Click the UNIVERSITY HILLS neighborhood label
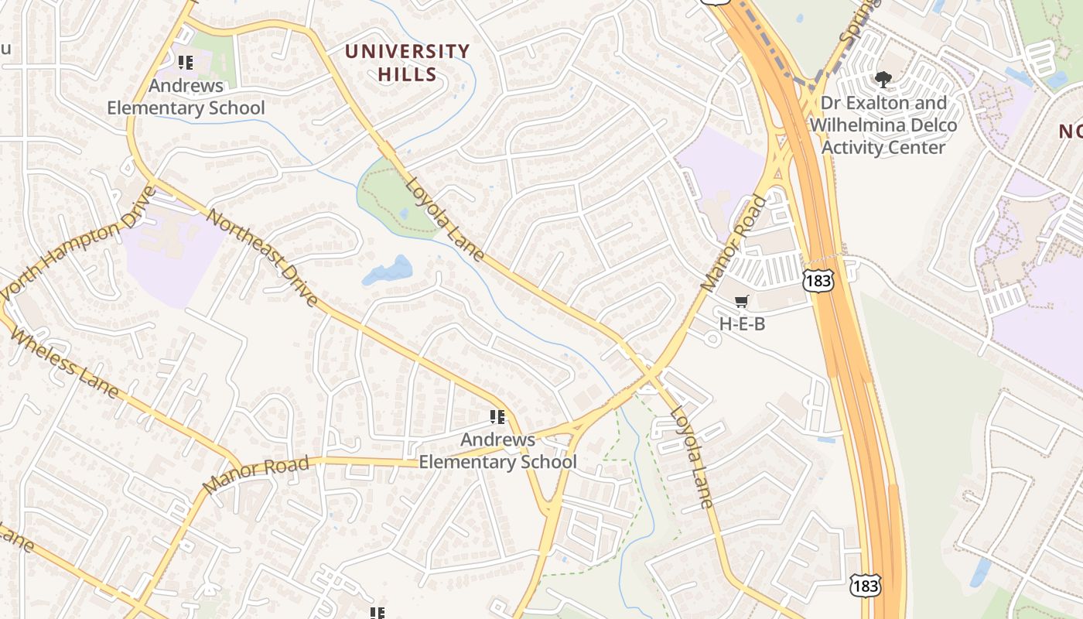408,63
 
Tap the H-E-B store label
742,323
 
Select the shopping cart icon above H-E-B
742,301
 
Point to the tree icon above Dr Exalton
883,79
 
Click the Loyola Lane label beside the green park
445,221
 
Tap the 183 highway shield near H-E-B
818,280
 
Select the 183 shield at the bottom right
864,586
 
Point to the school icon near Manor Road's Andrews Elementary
497,418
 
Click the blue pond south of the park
388,271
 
